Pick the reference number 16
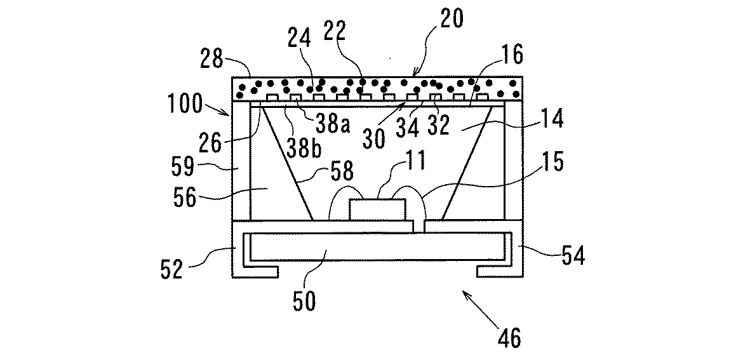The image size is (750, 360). (x=511, y=57)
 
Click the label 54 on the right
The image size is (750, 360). (x=570, y=257)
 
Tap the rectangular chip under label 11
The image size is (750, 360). (x=378, y=210)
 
